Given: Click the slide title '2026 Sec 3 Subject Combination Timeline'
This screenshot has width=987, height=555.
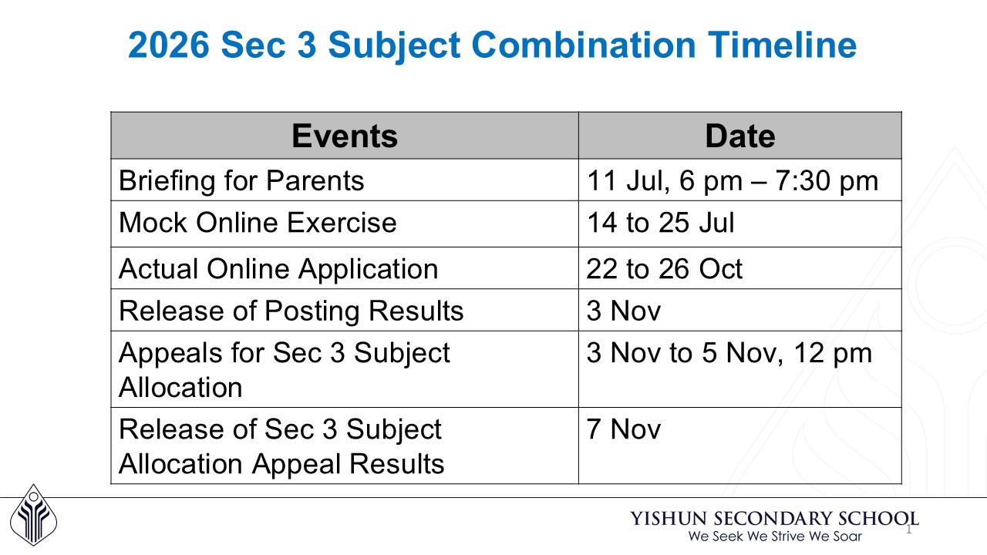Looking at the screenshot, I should tap(492, 45).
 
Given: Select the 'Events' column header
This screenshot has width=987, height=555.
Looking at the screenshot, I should tap(344, 136).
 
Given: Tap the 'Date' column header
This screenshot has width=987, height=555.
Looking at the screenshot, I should tap(739, 136).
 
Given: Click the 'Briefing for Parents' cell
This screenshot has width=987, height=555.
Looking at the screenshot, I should tap(241, 180).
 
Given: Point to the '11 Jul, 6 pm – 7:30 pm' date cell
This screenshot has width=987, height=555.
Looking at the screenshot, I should tap(732, 180).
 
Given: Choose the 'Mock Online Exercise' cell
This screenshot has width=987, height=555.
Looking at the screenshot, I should tap(258, 223).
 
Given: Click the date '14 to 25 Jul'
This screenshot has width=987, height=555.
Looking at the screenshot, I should tap(660, 223).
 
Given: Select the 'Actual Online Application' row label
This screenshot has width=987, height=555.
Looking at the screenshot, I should tap(278, 268).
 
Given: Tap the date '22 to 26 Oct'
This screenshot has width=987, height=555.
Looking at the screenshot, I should tap(664, 268).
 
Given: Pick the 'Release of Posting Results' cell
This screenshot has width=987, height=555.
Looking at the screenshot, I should tap(291, 311).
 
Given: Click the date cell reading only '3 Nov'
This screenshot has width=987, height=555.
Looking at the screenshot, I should tap(623, 311).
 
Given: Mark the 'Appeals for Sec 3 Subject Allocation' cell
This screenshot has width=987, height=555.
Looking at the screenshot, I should tap(284, 369).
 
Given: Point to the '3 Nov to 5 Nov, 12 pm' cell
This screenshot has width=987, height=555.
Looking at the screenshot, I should tap(729, 353).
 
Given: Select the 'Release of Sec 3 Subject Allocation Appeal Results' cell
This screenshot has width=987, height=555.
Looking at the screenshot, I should tap(281, 446).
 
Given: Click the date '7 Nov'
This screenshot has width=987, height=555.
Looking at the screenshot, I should tap(623, 429).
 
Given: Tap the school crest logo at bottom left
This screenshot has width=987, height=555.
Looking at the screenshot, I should tap(33, 515).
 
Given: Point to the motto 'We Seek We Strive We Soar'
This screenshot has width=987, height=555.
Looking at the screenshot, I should tap(774, 536).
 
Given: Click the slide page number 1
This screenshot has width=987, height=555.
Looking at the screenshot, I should tap(908, 530).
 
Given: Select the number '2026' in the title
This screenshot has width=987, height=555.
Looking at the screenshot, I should tap(168, 45).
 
